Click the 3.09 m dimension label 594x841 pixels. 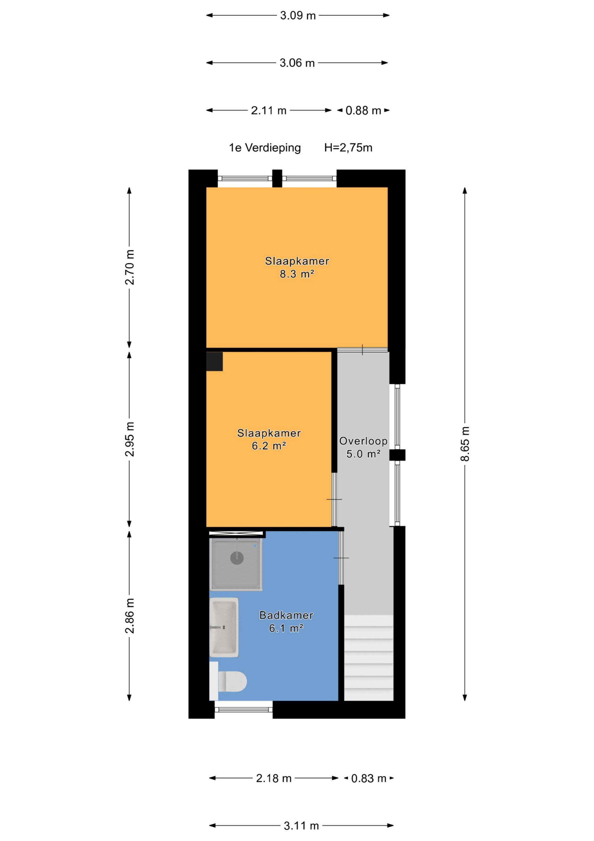click(x=297, y=16)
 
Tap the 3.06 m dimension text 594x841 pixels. click(x=297, y=63)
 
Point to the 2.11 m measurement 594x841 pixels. click(x=269, y=110)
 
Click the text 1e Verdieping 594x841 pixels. click(x=265, y=148)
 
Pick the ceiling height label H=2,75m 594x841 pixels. click(x=348, y=148)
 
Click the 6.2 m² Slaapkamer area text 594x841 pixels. click(x=269, y=446)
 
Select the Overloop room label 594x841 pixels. click(x=363, y=441)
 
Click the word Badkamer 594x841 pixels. click(x=286, y=615)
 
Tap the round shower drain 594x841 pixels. click(x=237, y=558)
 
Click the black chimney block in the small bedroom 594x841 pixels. click(x=215, y=362)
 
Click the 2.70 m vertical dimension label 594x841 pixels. click(x=130, y=267)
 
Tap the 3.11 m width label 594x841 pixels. click(x=301, y=826)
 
